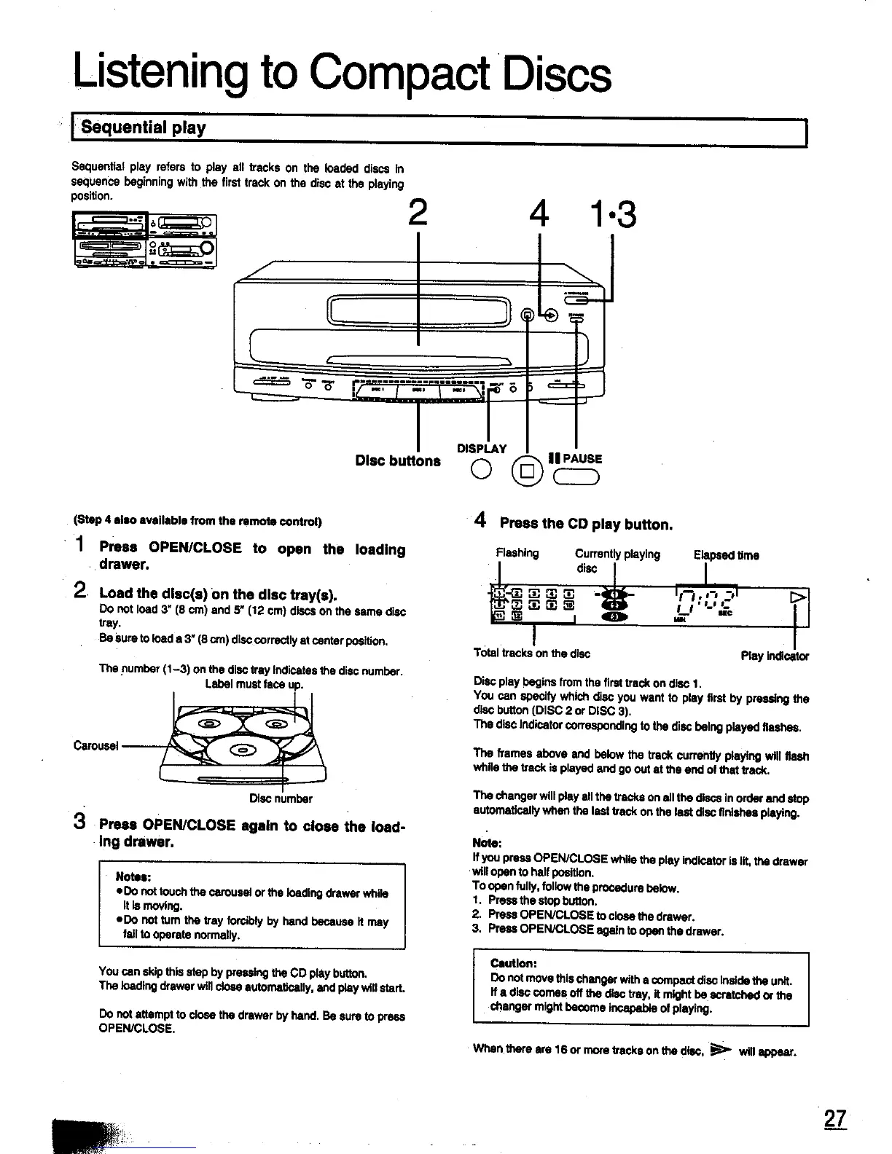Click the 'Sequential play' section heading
pos(144,128)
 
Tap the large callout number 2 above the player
pos(417,213)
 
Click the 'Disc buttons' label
pos(398,460)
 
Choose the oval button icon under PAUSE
pos(576,477)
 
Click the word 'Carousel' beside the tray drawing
pos(96,745)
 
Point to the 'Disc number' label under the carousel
pos(281,798)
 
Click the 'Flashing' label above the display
pos(517,553)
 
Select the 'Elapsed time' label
pos(726,555)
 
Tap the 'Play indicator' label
pos(774,656)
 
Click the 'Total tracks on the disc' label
pos(531,653)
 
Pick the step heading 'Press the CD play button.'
pos(586,525)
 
